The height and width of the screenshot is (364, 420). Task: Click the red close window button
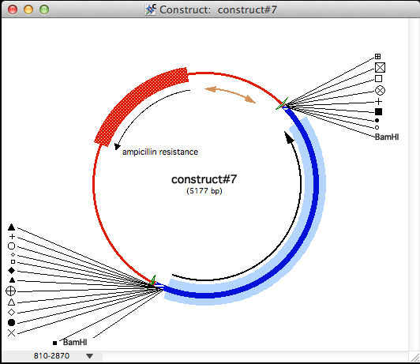pos(13,9)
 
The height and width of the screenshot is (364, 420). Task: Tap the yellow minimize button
pos(28,9)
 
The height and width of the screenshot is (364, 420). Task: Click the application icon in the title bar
pos(150,10)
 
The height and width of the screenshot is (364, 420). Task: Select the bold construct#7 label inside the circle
pos(204,179)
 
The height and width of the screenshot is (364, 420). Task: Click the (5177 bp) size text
pos(204,191)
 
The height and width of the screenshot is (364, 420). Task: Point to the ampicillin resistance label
pos(160,152)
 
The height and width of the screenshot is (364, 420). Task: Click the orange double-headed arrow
pos(230,94)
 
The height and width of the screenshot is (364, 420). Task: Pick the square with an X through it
pos(380,67)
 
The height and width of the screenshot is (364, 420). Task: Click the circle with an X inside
pos(380,90)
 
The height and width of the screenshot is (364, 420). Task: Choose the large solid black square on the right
pos(378,111)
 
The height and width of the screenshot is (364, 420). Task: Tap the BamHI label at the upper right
pos(387,137)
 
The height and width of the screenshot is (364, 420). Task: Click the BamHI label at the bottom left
pos(75,343)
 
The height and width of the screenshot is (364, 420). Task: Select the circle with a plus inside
pos(11,291)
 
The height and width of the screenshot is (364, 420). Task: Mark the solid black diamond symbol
pos(12,271)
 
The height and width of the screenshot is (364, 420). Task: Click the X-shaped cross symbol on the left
pos(11,333)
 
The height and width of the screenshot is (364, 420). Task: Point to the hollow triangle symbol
pos(11,302)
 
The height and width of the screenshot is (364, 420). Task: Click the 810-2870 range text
pos(51,355)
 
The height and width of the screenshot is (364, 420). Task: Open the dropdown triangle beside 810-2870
pos(90,356)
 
